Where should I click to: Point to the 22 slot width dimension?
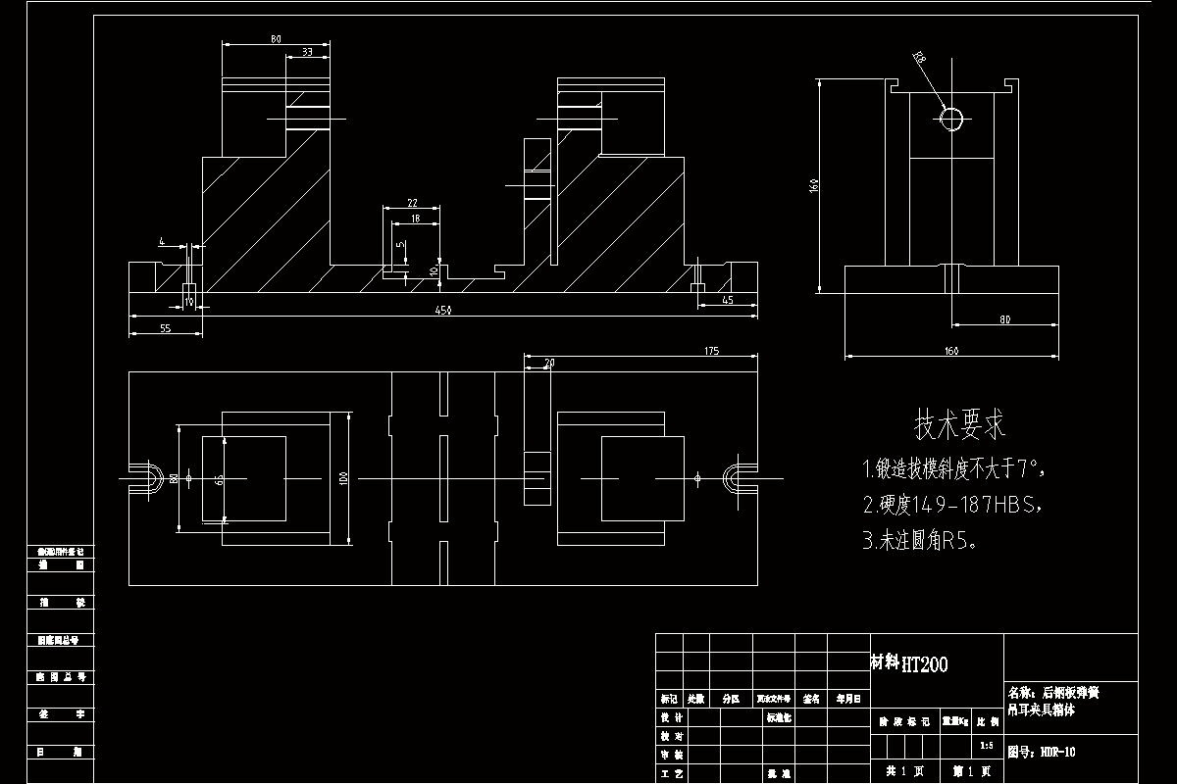(x=412, y=203)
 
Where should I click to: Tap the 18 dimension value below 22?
(x=416, y=220)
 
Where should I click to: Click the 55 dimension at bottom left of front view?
(x=165, y=329)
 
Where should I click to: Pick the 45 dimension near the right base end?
(x=727, y=300)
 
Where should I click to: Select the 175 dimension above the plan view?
(x=712, y=351)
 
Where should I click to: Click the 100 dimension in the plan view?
(x=343, y=478)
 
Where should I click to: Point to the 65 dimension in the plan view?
(x=219, y=480)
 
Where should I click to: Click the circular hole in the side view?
(x=951, y=119)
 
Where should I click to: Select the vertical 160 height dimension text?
(x=814, y=186)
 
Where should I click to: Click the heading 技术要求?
(x=960, y=425)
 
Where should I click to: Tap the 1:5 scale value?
(x=986, y=746)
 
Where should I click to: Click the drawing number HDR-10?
(x=1056, y=753)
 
